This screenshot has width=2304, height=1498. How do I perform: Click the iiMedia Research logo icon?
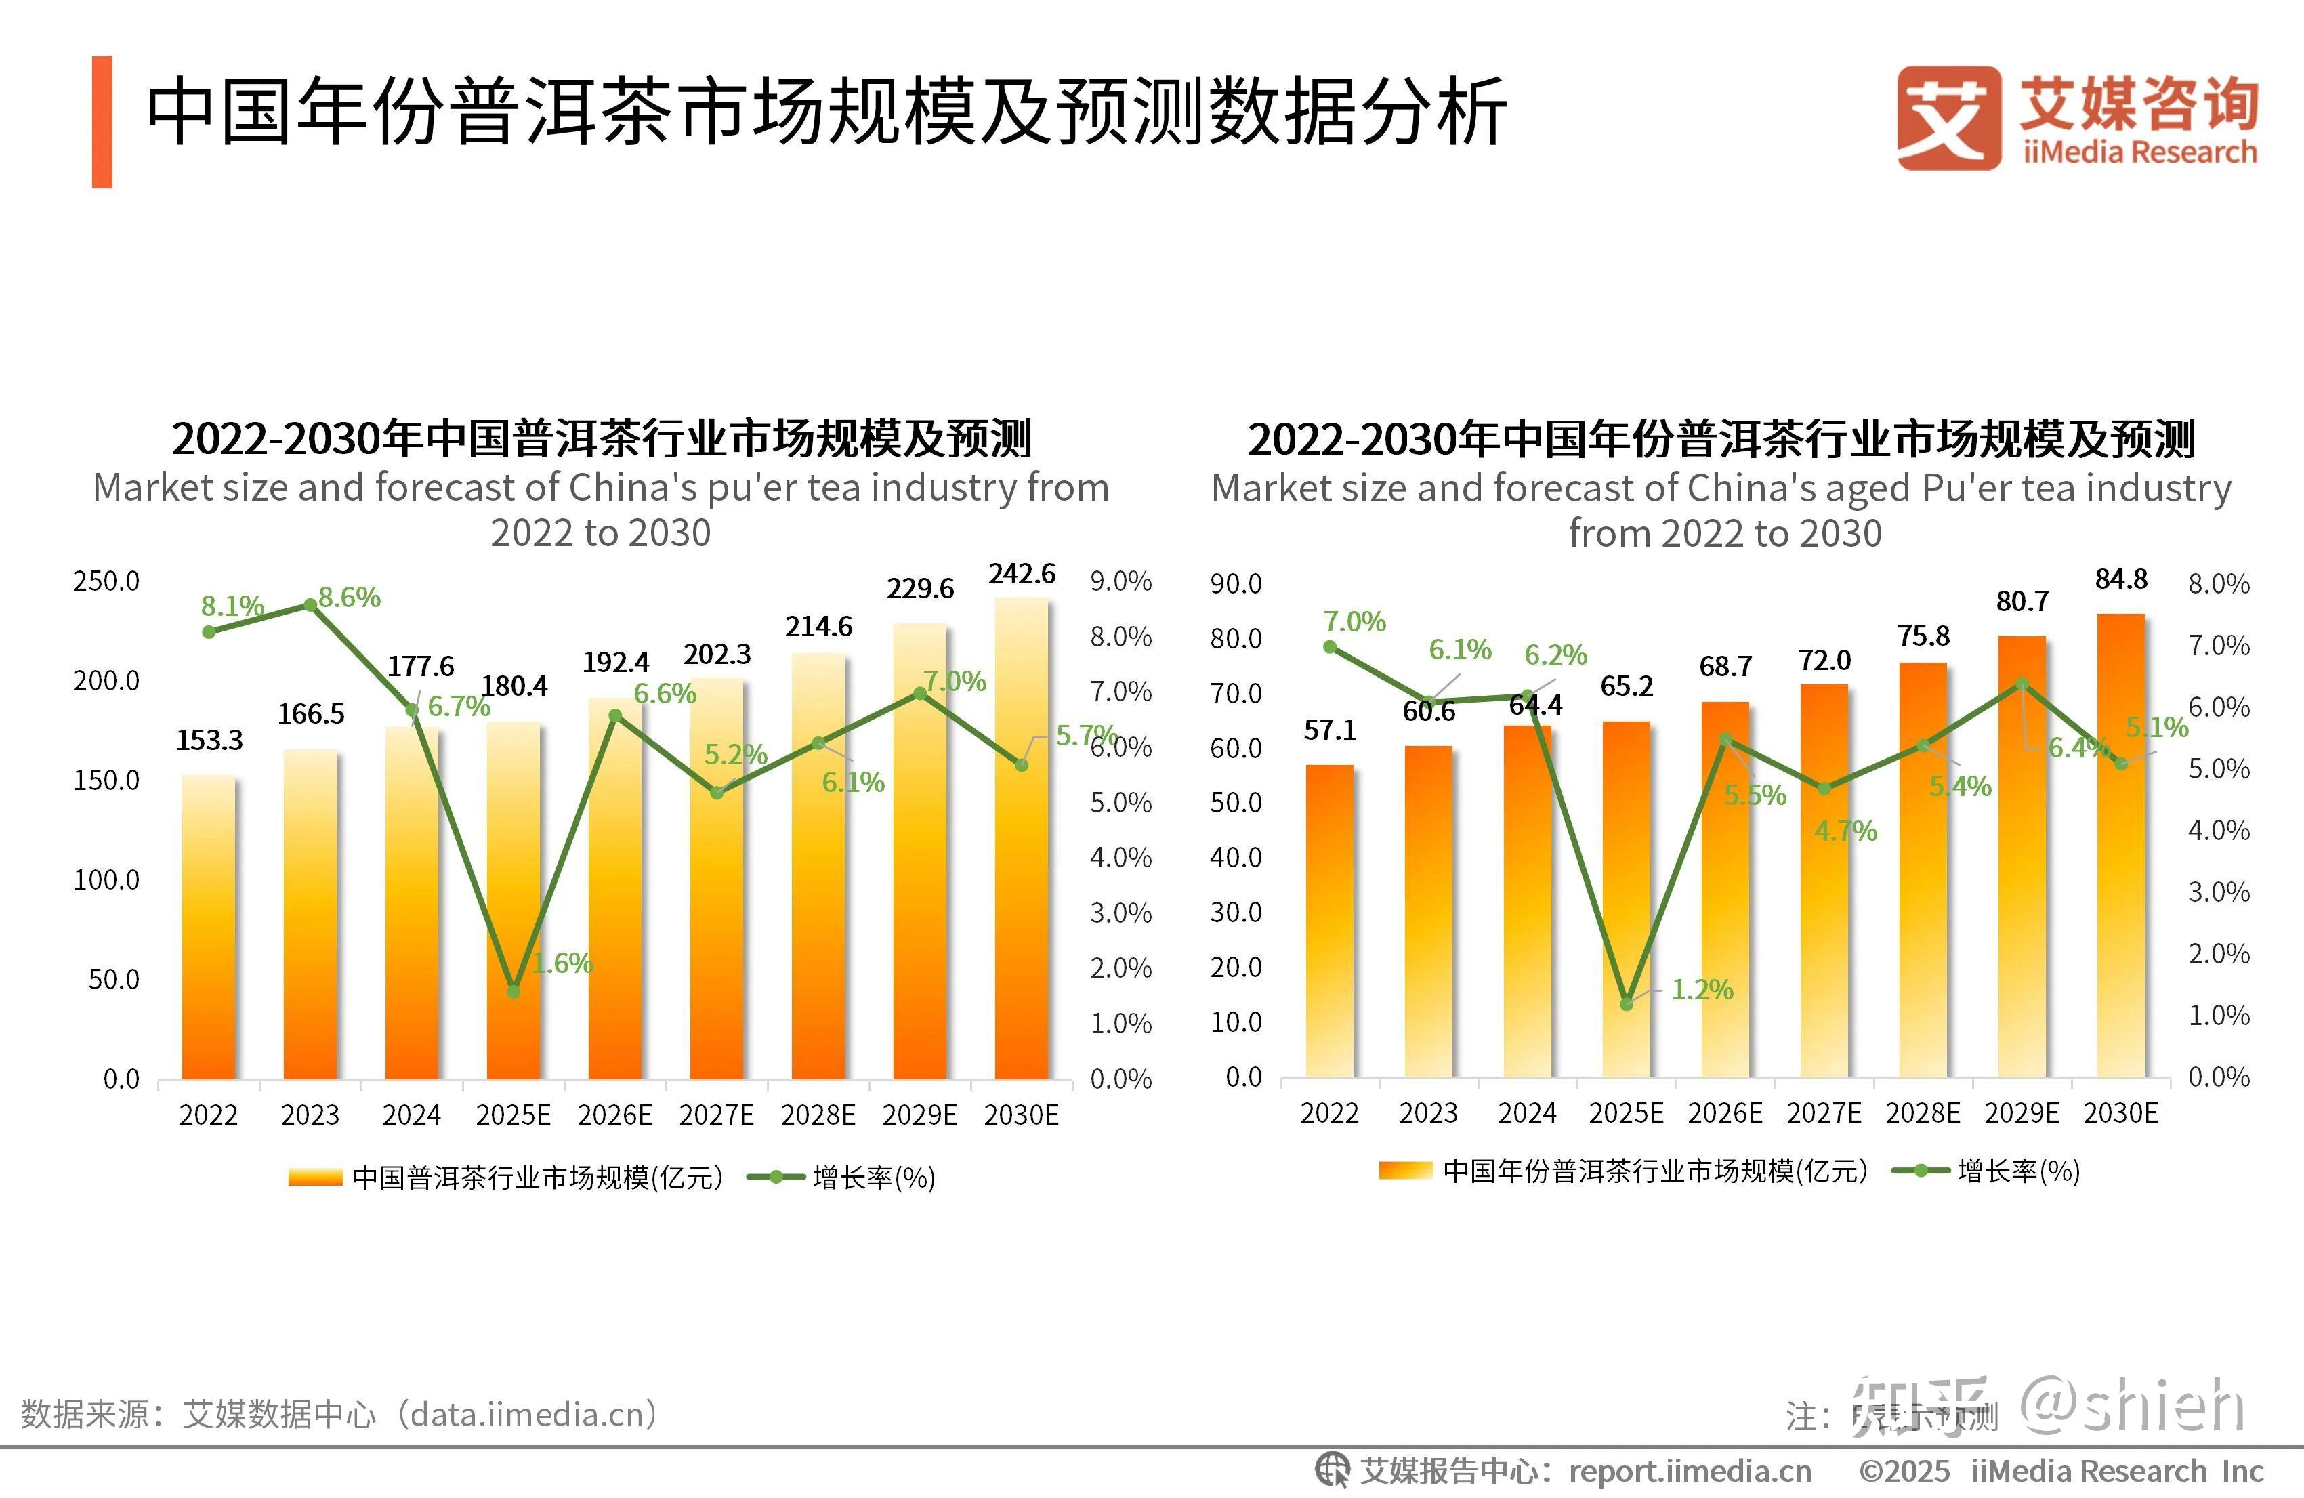[1948, 118]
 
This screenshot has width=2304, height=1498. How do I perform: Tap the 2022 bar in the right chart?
[1329, 921]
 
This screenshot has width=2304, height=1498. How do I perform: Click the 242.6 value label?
[1022, 575]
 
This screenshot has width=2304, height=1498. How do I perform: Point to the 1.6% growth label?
[562, 963]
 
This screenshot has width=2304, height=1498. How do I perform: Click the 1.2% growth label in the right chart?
[1702, 990]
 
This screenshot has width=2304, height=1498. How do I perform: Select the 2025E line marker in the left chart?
[513, 991]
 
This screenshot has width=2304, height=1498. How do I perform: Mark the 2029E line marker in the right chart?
[2022, 684]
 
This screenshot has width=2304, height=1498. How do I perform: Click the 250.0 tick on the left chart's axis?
[106, 581]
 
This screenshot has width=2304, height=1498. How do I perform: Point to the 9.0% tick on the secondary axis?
[1121, 581]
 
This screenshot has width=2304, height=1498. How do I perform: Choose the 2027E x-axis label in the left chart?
[716, 1115]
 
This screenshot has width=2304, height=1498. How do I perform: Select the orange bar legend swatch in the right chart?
[1404, 1171]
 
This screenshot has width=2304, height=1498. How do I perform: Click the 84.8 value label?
[2121, 579]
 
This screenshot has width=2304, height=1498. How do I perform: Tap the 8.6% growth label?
[350, 598]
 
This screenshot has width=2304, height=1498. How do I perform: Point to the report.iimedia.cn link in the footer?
[1690, 1472]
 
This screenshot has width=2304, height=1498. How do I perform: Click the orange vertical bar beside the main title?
[102, 122]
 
